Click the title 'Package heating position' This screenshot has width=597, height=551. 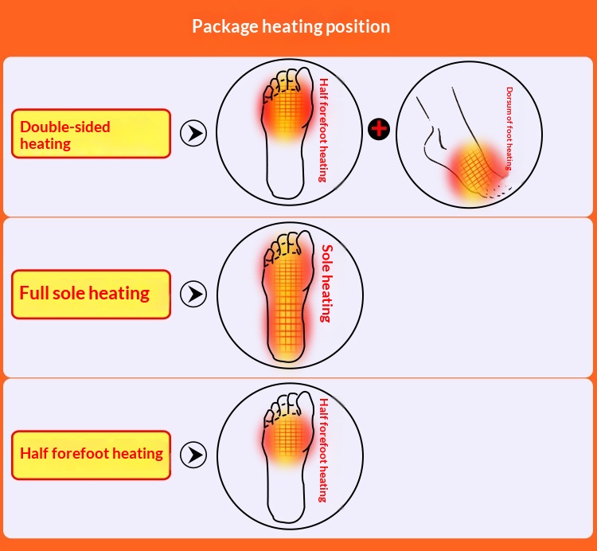tap(291, 26)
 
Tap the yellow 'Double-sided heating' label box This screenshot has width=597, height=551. tap(91, 133)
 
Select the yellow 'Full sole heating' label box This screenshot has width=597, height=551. tap(91, 294)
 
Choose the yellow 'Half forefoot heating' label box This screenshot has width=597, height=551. tap(91, 455)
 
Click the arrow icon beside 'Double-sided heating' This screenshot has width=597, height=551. tap(193, 133)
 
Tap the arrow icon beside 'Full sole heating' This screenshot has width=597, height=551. tap(193, 294)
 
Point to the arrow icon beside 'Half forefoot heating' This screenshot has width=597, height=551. tap(193, 455)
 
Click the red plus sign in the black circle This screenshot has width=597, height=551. tap(379, 129)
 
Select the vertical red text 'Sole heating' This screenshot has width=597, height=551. tap(326, 283)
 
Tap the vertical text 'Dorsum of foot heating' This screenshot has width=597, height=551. tap(509, 128)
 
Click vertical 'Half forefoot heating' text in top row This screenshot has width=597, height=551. tap(323, 131)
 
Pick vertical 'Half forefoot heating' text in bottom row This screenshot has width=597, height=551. tap(323, 450)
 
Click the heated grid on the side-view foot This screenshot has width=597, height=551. tap(474, 171)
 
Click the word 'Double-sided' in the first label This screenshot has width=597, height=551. tap(65, 127)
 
